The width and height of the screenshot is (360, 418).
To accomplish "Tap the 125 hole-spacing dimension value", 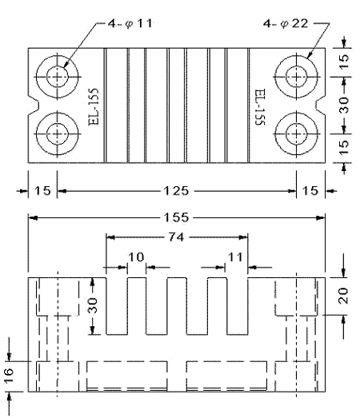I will [x=177, y=191].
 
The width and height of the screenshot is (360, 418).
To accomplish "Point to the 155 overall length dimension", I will [x=177, y=217].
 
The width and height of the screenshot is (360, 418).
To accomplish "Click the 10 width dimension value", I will [x=136, y=257].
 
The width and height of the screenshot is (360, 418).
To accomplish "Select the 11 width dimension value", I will [x=233, y=257].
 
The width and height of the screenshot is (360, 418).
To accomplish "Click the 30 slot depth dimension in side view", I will [x=93, y=306].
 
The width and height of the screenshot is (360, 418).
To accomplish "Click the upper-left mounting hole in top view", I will [x=57, y=77].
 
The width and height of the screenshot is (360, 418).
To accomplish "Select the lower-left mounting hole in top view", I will [x=57, y=133].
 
